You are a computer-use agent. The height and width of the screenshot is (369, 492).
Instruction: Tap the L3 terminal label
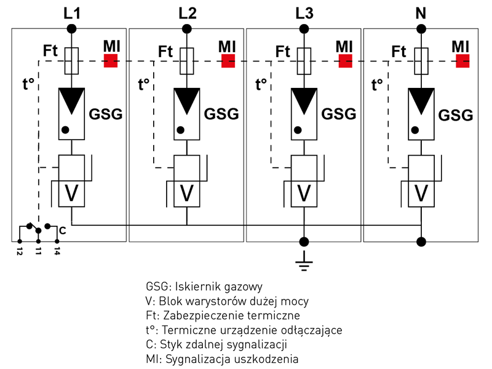point(304,12)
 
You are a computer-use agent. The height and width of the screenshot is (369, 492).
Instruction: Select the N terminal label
point(421,12)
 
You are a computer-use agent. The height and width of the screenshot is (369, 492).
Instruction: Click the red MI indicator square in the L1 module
point(111,60)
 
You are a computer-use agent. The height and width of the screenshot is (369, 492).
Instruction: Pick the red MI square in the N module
point(462,60)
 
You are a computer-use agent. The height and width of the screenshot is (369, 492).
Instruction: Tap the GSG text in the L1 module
point(106,114)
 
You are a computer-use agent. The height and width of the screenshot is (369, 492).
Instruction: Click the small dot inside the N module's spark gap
point(416,130)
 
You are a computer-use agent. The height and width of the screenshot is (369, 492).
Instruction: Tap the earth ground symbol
point(304,264)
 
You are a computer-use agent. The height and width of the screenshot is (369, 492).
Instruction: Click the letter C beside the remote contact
point(63,231)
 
